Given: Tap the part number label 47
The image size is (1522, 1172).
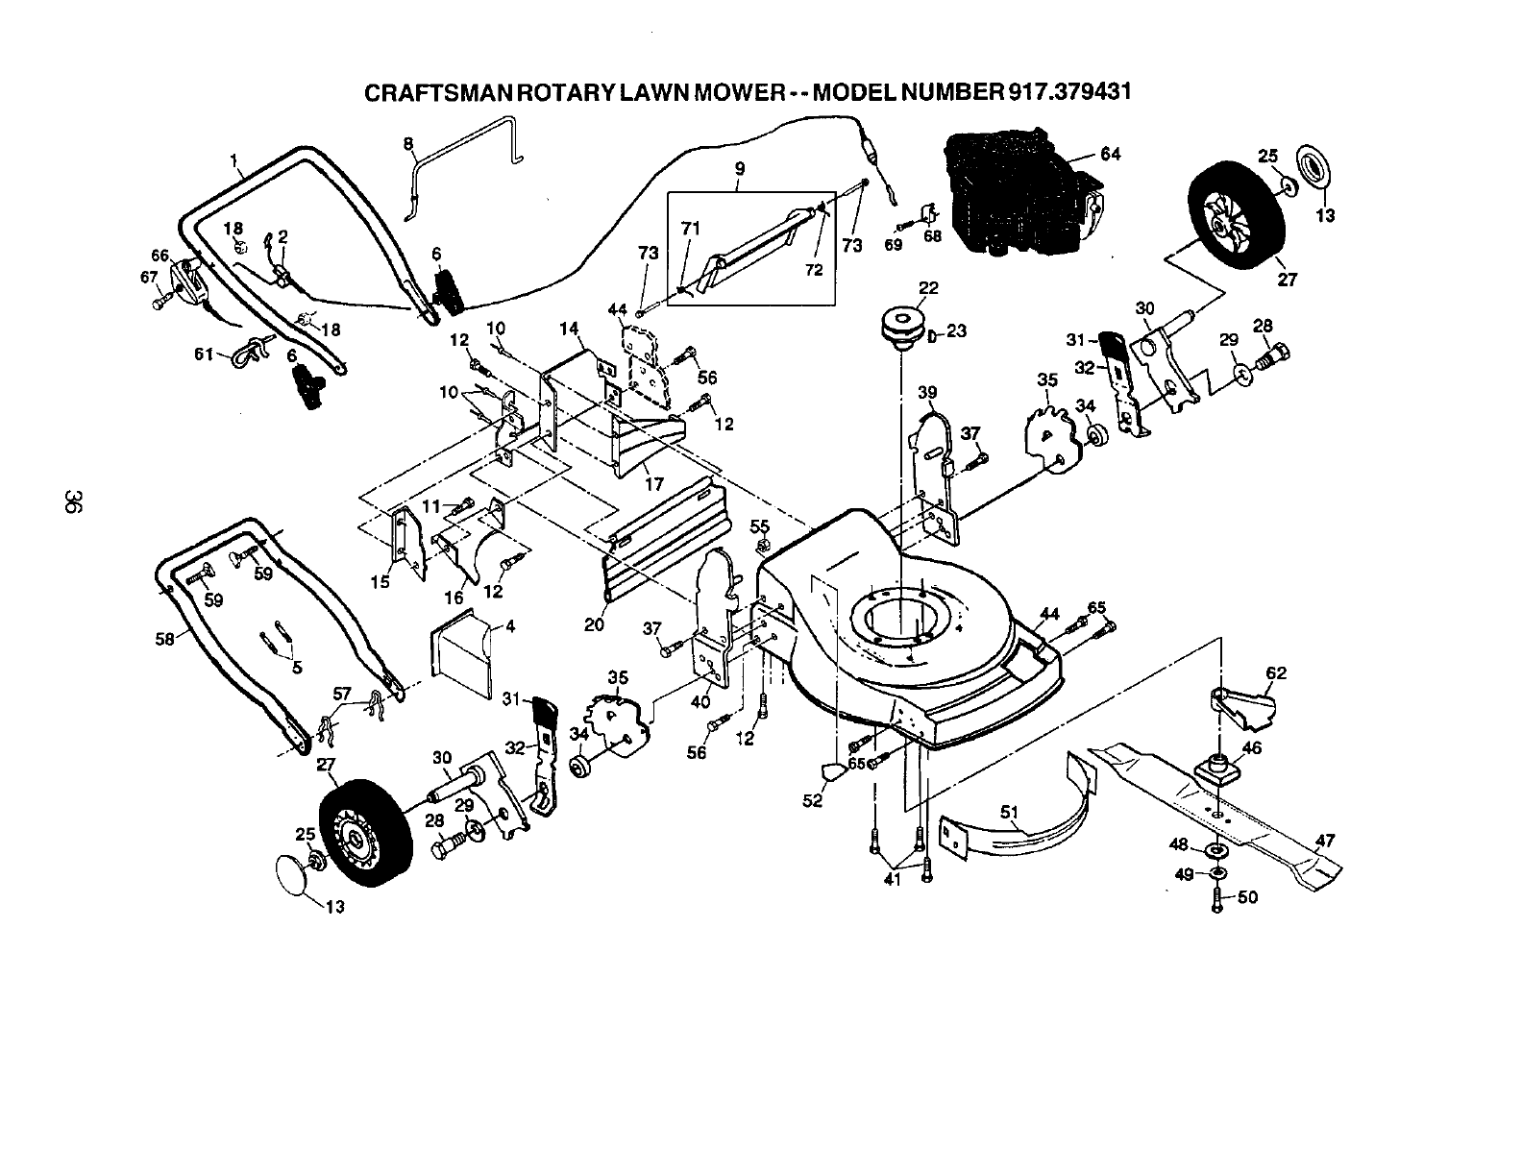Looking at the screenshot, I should point(1325,841).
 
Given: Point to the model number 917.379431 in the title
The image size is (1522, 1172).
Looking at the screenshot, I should point(1068,92).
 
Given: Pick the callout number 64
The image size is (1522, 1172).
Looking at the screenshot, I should point(1110,154).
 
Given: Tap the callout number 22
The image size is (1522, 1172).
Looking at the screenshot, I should point(927,287).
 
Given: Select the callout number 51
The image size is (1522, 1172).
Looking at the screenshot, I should point(1009,812).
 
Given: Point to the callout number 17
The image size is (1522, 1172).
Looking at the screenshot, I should point(653,485).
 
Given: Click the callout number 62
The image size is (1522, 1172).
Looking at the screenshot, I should point(1275,672).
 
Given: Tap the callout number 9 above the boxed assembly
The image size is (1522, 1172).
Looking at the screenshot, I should point(739,168).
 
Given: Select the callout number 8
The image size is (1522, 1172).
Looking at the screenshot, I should point(408,144).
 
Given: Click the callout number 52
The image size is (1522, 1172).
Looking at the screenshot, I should point(812,799).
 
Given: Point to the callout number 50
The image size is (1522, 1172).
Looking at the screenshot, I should point(1248,897).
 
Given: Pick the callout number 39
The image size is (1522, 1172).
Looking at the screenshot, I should point(926,392).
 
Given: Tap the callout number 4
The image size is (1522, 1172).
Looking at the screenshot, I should point(509,627).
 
